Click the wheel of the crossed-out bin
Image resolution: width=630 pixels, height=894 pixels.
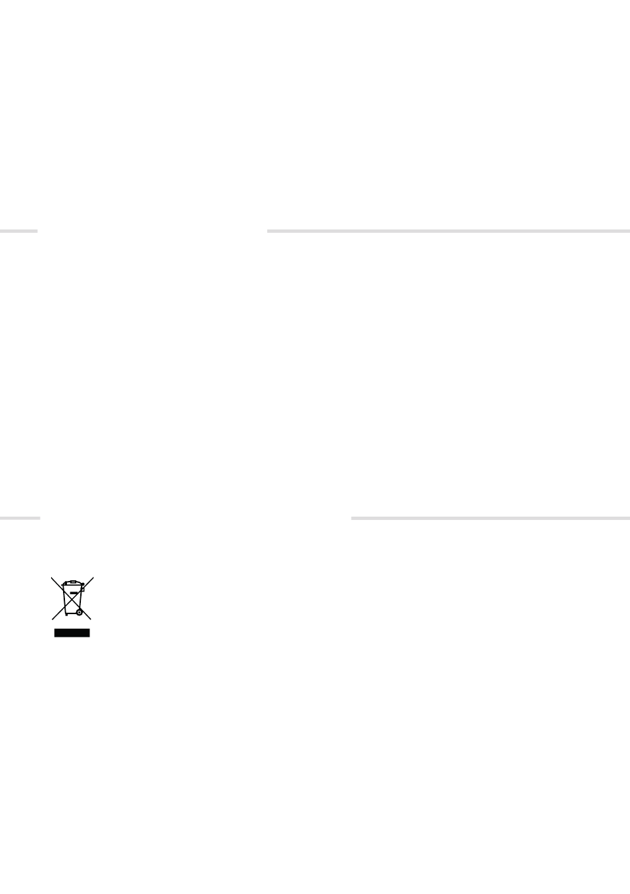coord(79,613)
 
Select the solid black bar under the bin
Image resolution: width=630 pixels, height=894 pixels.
coord(72,633)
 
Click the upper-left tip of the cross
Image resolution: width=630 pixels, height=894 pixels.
coord(52,577)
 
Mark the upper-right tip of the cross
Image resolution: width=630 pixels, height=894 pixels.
coord(94,577)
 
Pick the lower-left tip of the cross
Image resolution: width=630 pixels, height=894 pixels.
coord(52,619)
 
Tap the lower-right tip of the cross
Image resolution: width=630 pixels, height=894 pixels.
coord(92,619)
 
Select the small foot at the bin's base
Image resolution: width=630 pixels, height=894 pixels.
coord(67,614)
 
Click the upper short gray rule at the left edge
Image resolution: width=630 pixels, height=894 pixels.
coord(19,231)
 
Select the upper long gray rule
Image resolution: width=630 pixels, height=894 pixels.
coord(448,231)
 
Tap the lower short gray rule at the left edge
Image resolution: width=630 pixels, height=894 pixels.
coord(20,518)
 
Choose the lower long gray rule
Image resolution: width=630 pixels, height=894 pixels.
coord(490,518)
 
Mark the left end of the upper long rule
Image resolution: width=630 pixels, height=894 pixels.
coord(268,231)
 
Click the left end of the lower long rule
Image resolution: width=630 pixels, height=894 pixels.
coord(351,518)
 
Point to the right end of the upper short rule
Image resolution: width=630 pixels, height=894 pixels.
coord(37,231)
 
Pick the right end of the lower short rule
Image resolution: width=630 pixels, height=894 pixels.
coord(40,518)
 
